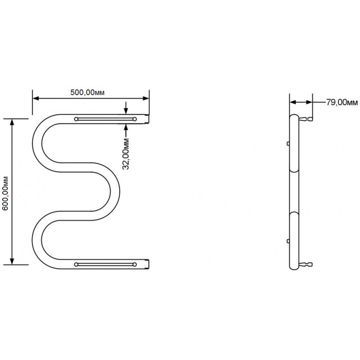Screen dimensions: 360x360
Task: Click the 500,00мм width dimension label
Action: click(87, 93)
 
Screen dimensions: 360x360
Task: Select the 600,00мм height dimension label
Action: click(5, 193)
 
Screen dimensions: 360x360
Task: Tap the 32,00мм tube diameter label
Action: click(126, 154)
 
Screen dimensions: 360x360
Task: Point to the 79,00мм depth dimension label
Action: click(342, 103)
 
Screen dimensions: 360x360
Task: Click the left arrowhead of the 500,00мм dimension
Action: click(36, 99)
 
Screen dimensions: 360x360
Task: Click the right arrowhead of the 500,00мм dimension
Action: click(146, 99)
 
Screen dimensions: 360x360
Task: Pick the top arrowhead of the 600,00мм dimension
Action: click(12, 122)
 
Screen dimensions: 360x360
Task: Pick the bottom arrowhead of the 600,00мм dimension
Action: click(12, 261)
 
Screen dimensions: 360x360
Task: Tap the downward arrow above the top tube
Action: click(126, 108)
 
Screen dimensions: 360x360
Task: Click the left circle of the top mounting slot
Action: click(76, 119)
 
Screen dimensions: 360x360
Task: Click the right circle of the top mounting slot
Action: click(135, 119)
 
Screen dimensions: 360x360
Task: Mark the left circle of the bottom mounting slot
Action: click(76, 265)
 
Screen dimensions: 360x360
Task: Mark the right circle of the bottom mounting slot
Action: click(135, 265)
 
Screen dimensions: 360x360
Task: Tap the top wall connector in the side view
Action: click(306, 119)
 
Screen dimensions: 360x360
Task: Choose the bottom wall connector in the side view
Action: click(306, 265)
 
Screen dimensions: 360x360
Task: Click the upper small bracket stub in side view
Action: click(288, 144)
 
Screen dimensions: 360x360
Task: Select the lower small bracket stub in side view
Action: click(288, 241)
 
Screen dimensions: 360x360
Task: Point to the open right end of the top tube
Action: click(148, 119)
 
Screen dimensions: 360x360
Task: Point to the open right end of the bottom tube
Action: click(148, 264)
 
